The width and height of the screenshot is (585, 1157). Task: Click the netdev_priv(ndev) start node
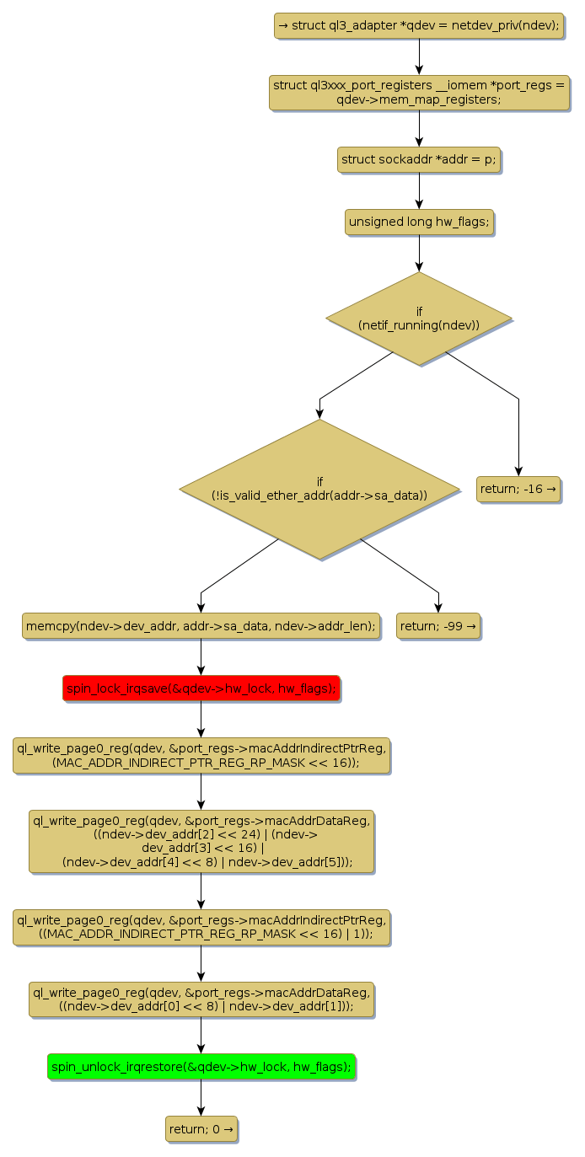pos(419,25)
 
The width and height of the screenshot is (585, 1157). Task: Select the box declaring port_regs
pos(419,92)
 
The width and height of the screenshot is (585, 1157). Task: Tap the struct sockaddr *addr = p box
pos(419,159)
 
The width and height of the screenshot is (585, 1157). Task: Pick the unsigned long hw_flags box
pos(419,222)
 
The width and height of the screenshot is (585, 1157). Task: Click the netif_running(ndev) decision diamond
pos(419,319)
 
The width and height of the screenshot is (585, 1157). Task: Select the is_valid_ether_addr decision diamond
pos(319,489)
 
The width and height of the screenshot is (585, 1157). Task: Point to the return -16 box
pos(518,489)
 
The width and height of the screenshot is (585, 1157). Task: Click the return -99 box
pos(438,626)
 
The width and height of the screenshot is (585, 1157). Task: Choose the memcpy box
pos(201,626)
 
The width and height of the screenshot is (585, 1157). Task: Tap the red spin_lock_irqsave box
pos(201,688)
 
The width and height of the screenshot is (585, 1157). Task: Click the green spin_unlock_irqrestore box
pos(201,1067)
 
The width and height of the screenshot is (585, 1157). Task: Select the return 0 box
pos(201,1129)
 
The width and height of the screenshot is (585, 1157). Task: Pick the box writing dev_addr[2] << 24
pos(201,841)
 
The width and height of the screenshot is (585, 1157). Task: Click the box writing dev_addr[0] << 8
pos(201,999)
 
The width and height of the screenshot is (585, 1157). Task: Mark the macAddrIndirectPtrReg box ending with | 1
pos(201,927)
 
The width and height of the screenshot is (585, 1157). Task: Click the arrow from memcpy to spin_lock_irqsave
pos(201,657)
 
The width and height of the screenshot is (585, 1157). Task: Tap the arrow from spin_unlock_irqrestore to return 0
pos(201,1098)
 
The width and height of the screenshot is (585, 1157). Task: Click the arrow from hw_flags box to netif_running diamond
pos(419,253)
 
